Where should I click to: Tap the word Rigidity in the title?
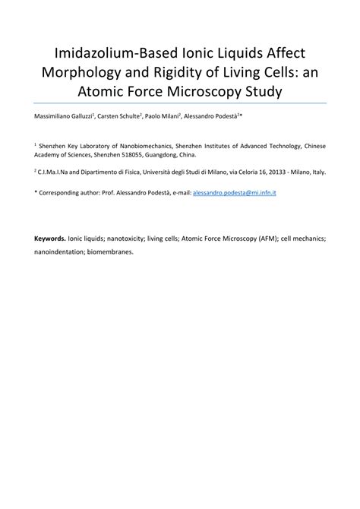point(196,74)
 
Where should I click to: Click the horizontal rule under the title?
point(180,103)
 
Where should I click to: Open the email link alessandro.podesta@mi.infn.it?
point(234,194)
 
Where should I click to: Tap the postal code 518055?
point(141,151)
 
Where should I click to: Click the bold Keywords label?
point(49,237)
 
